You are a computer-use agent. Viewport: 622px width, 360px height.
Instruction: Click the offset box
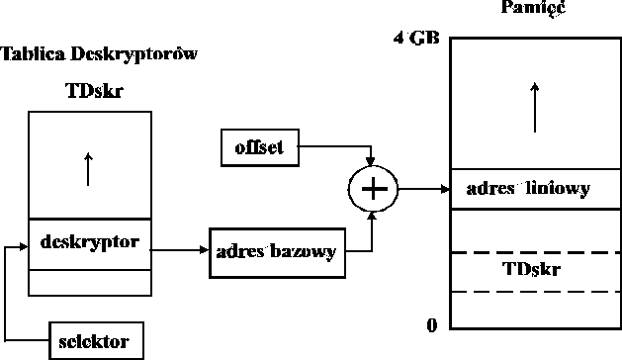(x=259, y=147)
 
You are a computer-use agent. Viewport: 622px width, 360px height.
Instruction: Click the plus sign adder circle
(x=372, y=188)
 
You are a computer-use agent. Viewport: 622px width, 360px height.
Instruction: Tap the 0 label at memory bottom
(x=431, y=325)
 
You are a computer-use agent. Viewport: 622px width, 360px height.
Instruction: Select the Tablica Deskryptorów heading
(x=99, y=53)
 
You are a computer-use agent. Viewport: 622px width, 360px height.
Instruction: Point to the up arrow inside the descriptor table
(x=89, y=168)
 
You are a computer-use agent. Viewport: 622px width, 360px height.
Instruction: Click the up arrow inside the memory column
(x=535, y=108)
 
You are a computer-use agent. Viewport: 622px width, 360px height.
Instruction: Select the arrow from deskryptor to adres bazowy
(x=181, y=251)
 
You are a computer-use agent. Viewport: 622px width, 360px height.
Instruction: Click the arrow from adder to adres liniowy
(x=419, y=188)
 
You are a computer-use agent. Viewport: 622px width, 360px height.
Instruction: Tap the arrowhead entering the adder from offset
(x=372, y=160)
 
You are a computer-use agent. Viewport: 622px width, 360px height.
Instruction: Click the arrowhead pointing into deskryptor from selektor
(x=22, y=245)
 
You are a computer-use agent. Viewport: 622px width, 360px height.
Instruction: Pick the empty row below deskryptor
(x=90, y=282)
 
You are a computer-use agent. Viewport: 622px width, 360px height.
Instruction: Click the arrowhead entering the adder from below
(x=372, y=217)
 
